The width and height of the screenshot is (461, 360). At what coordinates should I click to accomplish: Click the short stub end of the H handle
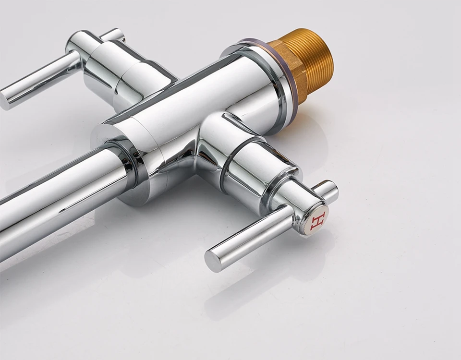point(329,191)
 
